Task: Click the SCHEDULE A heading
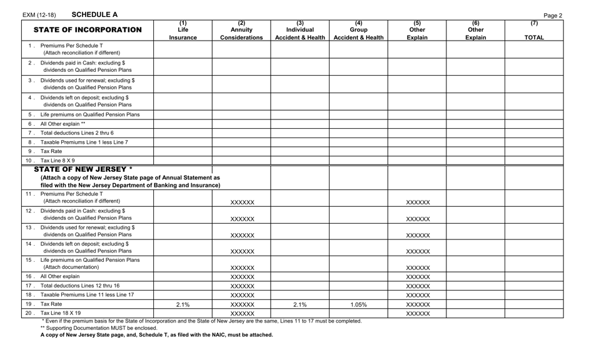(x=94, y=14)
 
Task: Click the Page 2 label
(x=553, y=16)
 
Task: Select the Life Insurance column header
(x=183, y=30)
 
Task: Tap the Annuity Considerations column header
(x=242, y=30)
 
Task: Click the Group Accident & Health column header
(x=358, y=30)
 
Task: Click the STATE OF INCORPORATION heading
(x=88, y=30)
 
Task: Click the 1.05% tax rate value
(x=358, y=304)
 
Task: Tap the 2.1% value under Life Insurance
(x=183, y=304)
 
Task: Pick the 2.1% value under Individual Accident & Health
(x=300, y=304)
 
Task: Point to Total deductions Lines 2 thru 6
(x=77, y=133)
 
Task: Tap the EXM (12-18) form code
(x=39, y=15)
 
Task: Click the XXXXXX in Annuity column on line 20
(x=242, y=314)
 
